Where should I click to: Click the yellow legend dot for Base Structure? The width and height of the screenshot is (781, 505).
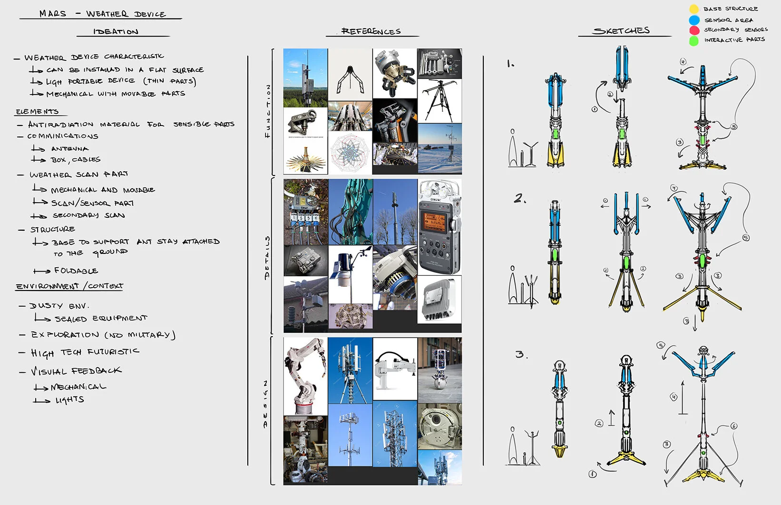click(694, 9)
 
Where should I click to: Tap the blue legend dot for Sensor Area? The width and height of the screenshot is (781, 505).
click(694, 20)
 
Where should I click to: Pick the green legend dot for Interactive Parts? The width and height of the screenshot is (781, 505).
click(694, 41)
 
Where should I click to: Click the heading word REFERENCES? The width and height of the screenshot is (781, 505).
click(371, 31)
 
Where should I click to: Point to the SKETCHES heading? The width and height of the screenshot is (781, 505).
click(621, 31)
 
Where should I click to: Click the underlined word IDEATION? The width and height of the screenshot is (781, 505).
click(116, 32)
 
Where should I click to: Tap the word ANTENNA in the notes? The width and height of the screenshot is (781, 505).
click(70, 148)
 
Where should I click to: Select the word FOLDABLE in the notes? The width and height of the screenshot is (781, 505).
click(76, 271)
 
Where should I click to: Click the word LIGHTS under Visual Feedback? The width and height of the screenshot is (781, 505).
click(70, 400)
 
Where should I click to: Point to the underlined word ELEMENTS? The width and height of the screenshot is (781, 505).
click(37, 112)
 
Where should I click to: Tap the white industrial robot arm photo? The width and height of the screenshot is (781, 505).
click(305, 376)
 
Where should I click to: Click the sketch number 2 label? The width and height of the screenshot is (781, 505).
click(520, 198)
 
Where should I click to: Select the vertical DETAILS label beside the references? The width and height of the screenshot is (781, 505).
click(267, 257)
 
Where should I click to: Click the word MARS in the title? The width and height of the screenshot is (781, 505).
click(53, 13)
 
